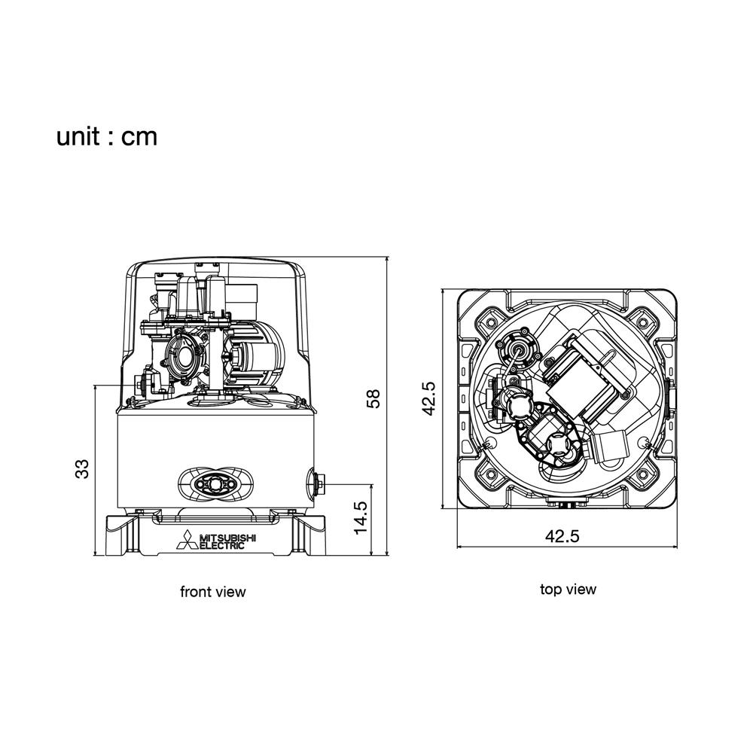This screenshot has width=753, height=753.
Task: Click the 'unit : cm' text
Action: click(x=107, y=137)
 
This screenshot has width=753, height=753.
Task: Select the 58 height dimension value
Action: click(x=373, y=398)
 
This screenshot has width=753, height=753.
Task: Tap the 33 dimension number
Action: click(x=82, y=468)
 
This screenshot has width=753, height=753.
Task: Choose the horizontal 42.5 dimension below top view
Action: click(x=562, y=536)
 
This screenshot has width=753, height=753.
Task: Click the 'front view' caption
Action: click(x=213, y=592)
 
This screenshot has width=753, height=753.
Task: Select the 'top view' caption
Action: click(x=568, y=590)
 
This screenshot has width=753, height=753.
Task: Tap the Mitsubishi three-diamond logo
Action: click(x=187, y=540)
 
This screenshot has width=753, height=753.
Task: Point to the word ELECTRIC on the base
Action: click(x=222, y=545)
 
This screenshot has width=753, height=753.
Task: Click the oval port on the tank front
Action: click(x=215, y=484)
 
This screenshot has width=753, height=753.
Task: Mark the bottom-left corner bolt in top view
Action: click(x=490, y=475)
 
